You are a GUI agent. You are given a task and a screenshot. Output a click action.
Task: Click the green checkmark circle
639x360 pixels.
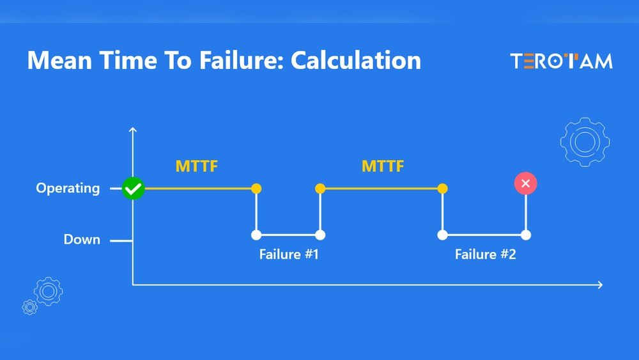(x=134, y=189)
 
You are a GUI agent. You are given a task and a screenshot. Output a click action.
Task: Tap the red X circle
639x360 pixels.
(x=526, y=184)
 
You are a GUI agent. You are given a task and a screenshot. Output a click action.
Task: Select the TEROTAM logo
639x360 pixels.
(x=561, y=61)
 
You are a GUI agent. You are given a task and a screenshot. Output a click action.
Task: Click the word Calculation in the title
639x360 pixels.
(x=355, y=60)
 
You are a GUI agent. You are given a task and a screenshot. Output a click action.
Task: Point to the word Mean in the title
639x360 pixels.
(x=59, y=60)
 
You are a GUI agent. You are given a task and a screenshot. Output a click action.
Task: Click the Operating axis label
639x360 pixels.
(x=68, y=189)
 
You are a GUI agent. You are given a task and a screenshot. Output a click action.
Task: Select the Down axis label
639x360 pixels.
(x=82, y=239)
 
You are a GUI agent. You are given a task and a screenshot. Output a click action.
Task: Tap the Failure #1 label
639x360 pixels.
(x=289, y=254)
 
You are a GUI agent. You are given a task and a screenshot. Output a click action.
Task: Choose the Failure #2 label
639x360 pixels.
(x=486, y=254)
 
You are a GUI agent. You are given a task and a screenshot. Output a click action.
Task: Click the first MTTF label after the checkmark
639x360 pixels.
(x=196, y=166)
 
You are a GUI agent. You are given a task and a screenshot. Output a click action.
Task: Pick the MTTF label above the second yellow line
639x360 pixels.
(x=383, y=166)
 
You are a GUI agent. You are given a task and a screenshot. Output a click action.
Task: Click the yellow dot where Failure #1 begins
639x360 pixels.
(x=256, y=189)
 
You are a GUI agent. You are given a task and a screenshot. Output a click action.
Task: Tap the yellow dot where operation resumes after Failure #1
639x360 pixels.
(x=320, y=189)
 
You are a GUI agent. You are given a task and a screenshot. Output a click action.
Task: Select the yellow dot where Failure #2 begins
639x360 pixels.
(x=443, y=189)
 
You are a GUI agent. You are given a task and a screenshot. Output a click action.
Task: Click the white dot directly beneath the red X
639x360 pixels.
(x=526, y=235)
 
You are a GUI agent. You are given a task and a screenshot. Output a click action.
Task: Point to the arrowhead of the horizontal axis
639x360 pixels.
(x=601, y=285)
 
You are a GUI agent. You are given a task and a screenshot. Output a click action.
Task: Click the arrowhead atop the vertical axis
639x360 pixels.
(x=133, y=129)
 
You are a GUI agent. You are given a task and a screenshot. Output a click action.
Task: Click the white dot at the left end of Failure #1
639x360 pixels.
(x=256, y=235)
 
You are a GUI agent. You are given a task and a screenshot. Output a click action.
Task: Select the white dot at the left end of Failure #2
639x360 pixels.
(x=443, y=235)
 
